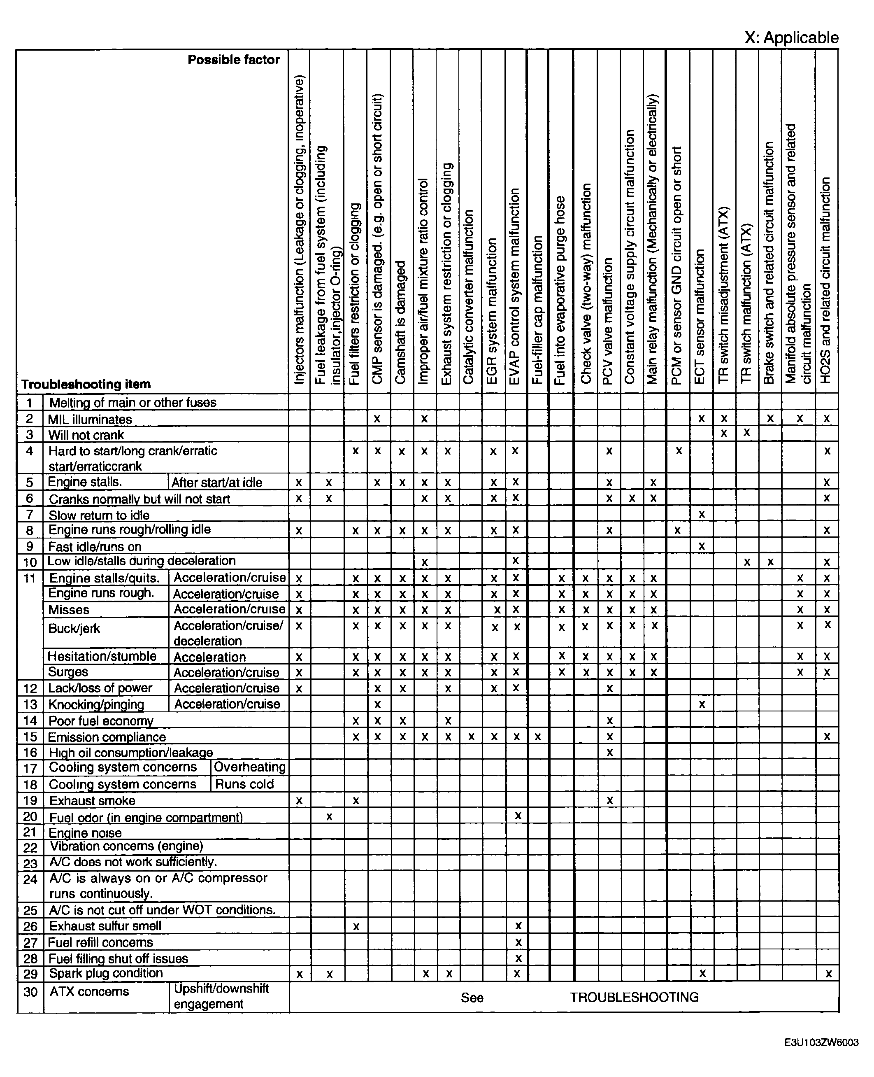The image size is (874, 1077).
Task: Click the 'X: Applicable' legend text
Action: tap(791, 38)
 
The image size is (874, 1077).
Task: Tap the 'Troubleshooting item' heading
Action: tap(86, 385)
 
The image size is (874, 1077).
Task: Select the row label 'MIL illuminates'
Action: tap(90, 419)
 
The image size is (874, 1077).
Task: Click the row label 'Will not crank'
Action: tap(86, 435)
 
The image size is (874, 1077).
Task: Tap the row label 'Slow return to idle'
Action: tap(99, 515)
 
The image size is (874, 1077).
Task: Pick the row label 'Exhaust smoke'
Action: tap(92, 800)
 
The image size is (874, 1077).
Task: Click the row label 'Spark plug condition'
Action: tap(106, 973)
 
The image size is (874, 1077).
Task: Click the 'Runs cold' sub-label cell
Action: tap(245, 784)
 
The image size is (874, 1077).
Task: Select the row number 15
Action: tap(30, 737)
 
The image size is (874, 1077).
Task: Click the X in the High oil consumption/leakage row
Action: tap(609, 753)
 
